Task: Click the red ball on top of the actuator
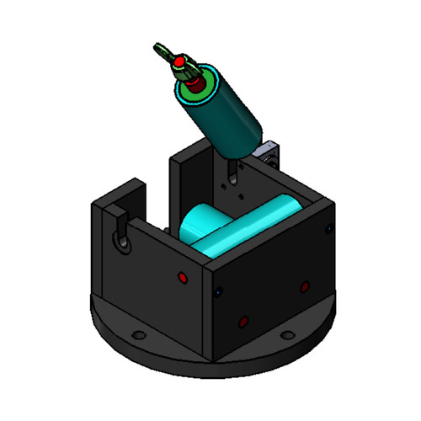point(179,62)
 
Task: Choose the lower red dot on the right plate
point(243,322)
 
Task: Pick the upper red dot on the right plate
point(304,286)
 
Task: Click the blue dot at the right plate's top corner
point(328,227)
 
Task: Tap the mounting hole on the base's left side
point(137,334)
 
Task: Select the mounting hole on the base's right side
point(288,335)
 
